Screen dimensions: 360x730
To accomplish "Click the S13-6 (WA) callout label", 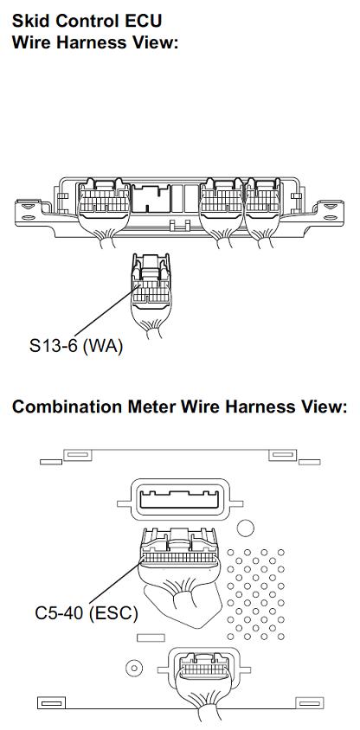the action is (x=76, y=346).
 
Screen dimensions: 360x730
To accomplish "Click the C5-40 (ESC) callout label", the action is (x=87, y=612).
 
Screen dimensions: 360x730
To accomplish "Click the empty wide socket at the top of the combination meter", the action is (x=180, y=500).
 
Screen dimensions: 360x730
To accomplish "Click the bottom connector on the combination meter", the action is (x=204, y=670).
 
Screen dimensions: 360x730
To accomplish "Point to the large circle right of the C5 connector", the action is (x=246, y=528).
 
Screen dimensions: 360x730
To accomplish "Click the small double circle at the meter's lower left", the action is (x=134, y=668).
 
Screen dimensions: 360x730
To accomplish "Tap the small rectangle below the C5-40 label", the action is (x=151, y=637).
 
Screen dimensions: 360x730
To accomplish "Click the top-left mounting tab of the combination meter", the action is (x=77, y=455).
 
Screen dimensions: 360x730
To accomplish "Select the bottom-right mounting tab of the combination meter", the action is (x=310, y=702).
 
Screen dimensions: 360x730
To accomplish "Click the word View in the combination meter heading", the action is (x=325, y=407).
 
